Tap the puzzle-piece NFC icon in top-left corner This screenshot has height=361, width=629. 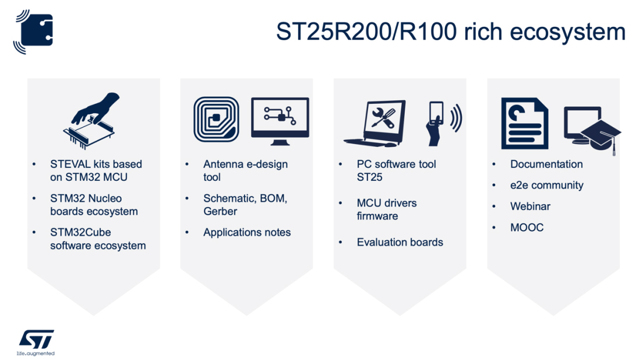point(34,31)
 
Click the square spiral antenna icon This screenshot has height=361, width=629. point(216,119)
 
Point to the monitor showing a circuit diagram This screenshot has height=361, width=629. point(280,121)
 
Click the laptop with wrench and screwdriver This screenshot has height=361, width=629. point(375,123)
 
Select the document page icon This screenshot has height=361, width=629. point(525,123)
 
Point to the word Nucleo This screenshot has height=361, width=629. point(105,198)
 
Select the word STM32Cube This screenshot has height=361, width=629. point(80,233)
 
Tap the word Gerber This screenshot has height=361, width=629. point(220,211)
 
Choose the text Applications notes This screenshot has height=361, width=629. point(247,233)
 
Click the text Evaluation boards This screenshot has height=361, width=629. point(400,242)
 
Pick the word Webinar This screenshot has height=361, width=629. point(530,206)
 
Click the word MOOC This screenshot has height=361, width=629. point(526,227)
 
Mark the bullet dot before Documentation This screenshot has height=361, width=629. point(494,164)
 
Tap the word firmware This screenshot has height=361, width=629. point(377,216)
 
